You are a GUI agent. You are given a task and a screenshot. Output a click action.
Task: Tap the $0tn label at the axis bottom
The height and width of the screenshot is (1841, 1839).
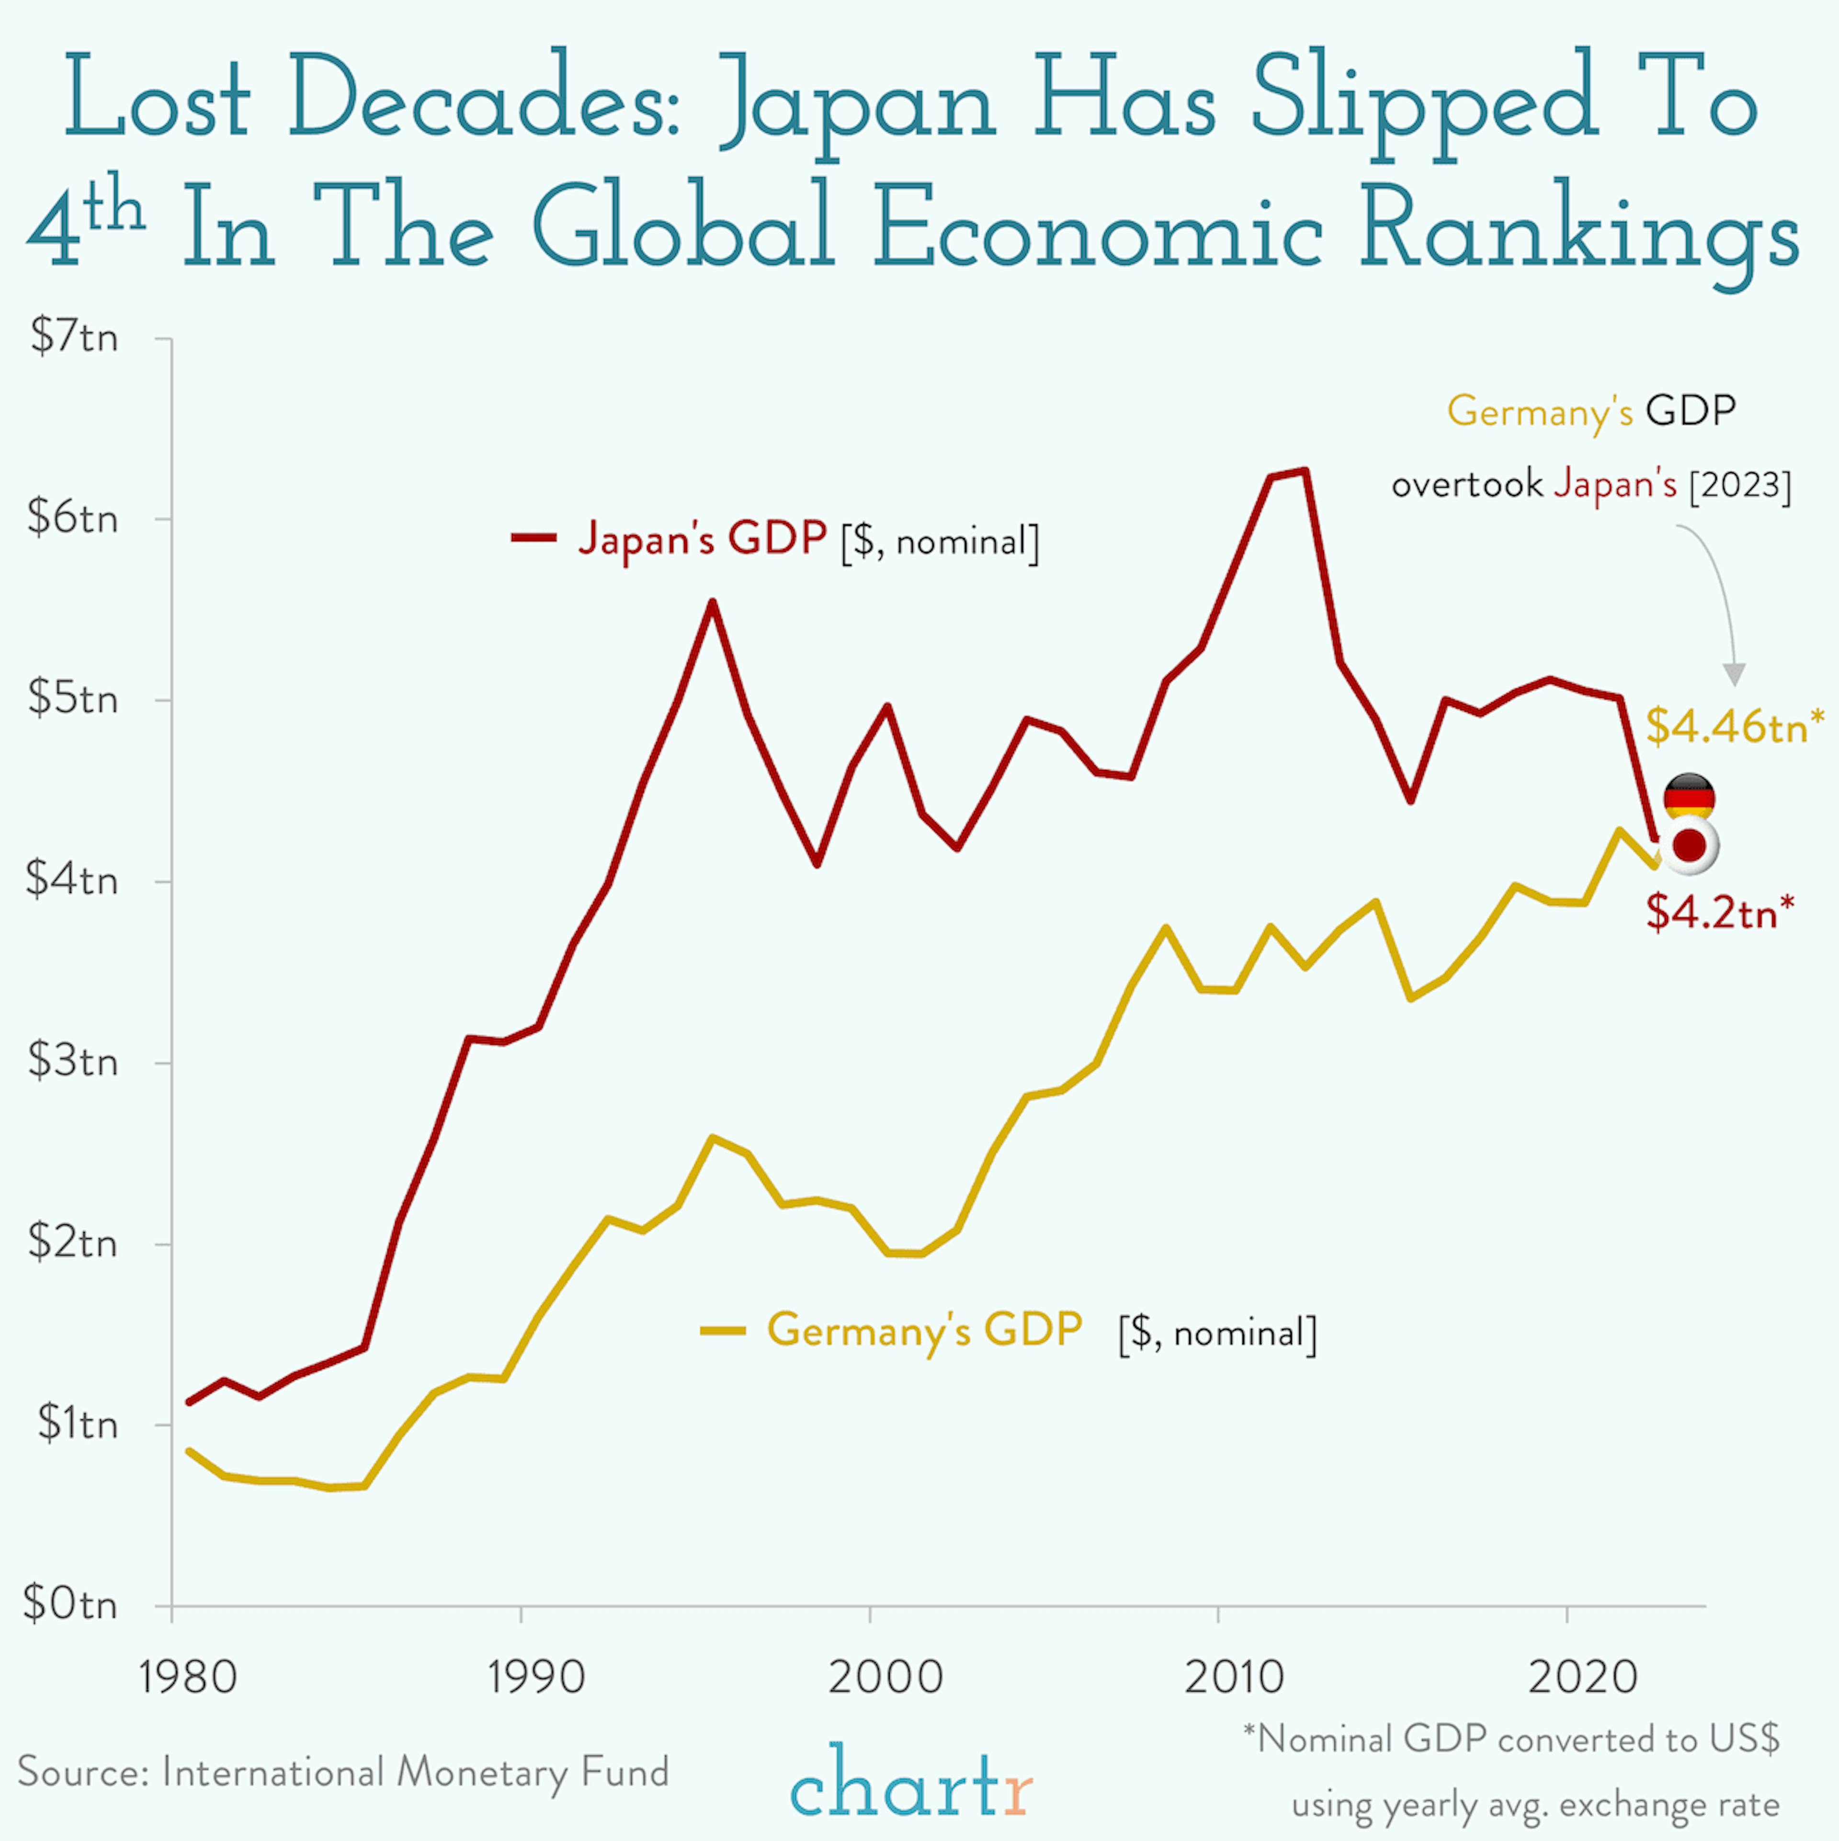coord(70,1604)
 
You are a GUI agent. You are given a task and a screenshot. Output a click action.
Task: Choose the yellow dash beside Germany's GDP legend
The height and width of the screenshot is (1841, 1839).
coord(722,1330)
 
